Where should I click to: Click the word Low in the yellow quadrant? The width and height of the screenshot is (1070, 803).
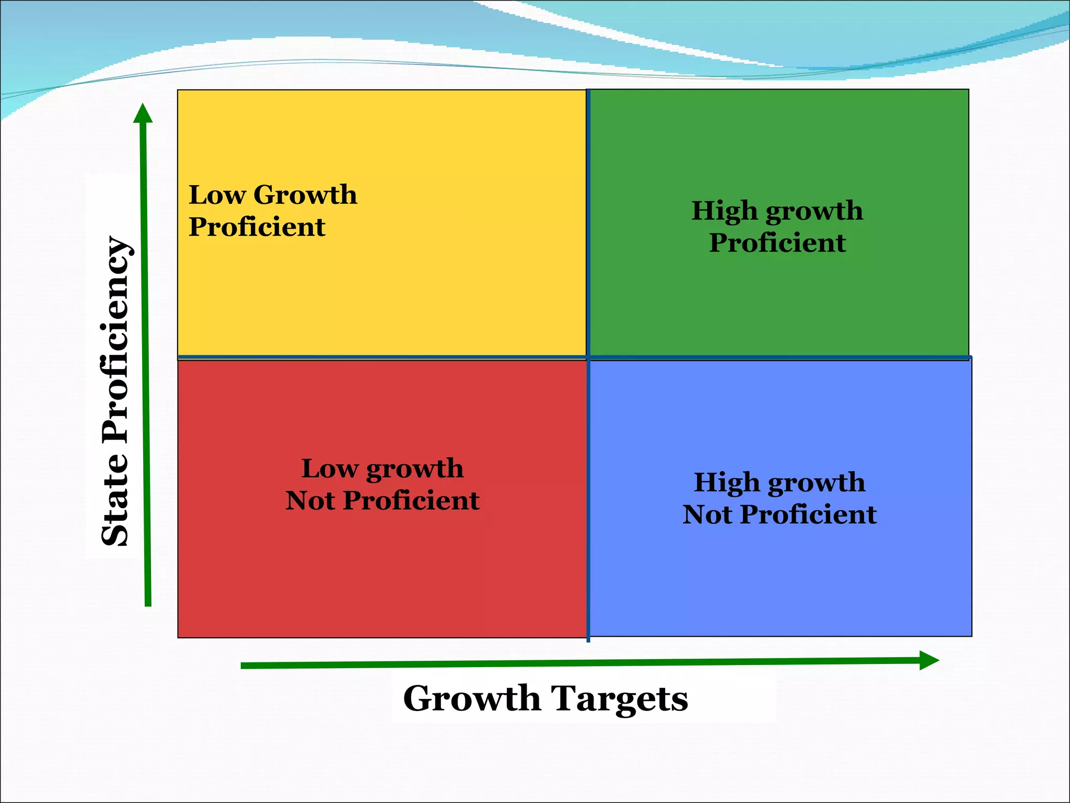217,195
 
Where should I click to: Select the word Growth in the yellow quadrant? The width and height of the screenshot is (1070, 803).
305,195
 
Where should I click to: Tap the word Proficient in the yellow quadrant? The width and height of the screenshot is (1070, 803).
257,227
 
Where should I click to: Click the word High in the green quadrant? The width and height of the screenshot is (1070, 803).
724,211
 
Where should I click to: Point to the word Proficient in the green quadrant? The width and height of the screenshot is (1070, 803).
777,243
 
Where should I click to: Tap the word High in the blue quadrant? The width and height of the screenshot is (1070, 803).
726,482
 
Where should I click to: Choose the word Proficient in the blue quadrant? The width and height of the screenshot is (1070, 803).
809,514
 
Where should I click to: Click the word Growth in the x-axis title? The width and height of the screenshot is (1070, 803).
472,699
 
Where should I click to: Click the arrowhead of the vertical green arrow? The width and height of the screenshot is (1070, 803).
143,113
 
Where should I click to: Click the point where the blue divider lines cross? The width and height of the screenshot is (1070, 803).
588,358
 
